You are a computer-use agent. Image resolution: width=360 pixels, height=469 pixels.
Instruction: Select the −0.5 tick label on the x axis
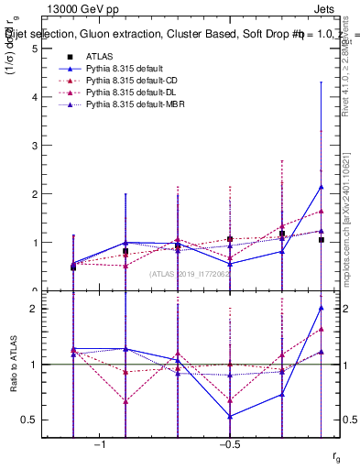pyautogui.click(x=229, y=443)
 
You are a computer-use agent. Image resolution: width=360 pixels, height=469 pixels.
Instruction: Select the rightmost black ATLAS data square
pyautogui.click(x=322, y=240)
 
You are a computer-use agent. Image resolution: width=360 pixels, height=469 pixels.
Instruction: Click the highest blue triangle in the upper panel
pyautogui.click(x=322, y=187)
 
